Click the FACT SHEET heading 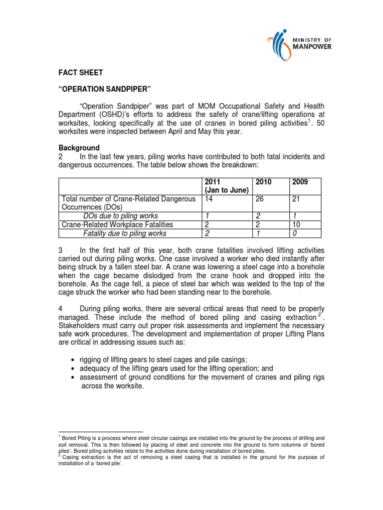(x=81, y=73)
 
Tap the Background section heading (x=79, y=148)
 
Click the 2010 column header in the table (x=263, y=182)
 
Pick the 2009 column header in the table (x=300, y=182)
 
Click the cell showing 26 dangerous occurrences (x=260, y=198)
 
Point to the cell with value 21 (x=296, y=198)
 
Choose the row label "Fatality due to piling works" (x=125, y=233)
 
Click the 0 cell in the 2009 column (x=295, y=233)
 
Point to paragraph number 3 (x=61, y=250)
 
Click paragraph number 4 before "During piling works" (x=61, y=308)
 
